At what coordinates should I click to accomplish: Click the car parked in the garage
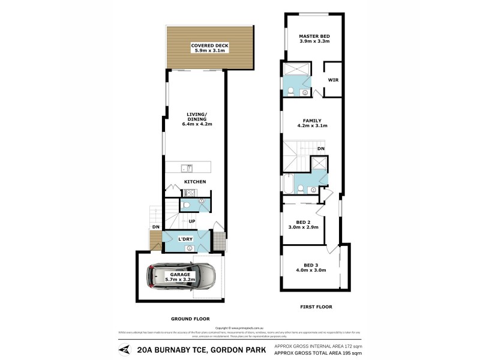click(182, 277)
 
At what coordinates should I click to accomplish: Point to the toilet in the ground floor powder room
click(187, 205)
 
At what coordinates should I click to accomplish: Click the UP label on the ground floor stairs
click(192, 221)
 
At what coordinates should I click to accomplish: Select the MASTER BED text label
click(314, 37)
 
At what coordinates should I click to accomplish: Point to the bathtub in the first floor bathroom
click(289, 184)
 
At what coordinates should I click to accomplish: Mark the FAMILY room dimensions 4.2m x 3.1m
click(312, 126)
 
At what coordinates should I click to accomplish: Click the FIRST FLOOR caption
click(316, 307)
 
